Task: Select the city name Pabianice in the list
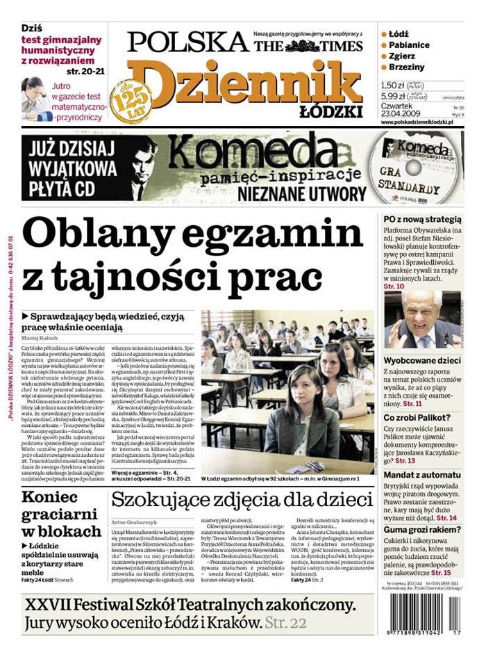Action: point(409,45)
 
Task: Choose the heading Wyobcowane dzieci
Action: point(422,362)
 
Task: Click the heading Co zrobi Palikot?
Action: point(419,418)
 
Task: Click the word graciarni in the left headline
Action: point(61,514)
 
